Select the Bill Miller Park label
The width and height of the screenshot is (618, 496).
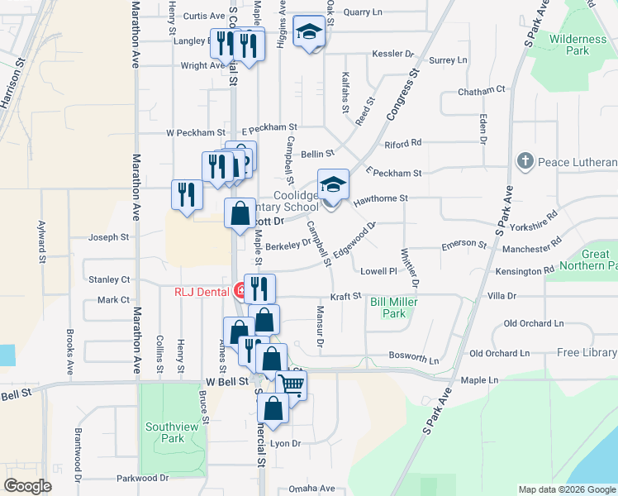coord(394,308)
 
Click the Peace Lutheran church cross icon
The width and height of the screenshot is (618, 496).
coord(524,161)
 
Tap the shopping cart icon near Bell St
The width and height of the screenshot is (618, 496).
coord(291,383)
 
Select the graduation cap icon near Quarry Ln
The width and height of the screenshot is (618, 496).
coord(309,31)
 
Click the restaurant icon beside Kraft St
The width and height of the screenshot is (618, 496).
coord(259,288)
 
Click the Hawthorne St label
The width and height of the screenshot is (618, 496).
coord(381,199)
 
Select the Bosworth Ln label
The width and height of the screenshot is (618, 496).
coord(414,359)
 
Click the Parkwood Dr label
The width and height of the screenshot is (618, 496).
coord(142,478)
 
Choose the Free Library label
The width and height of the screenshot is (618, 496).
coord(586,353)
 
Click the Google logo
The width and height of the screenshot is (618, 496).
coord(28,486)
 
